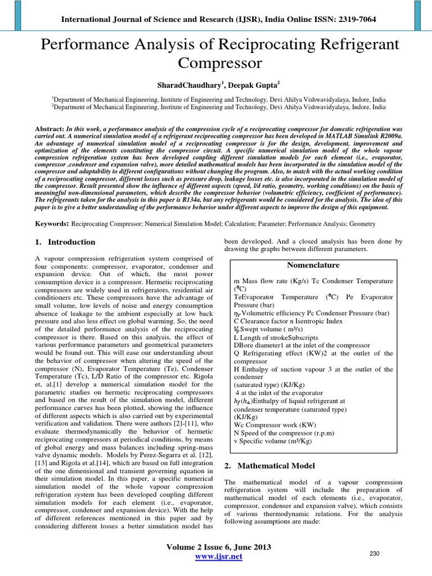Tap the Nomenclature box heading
pyautogui.click(x=313, y=265)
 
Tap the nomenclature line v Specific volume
pyautogui.click(x=280, y=441)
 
